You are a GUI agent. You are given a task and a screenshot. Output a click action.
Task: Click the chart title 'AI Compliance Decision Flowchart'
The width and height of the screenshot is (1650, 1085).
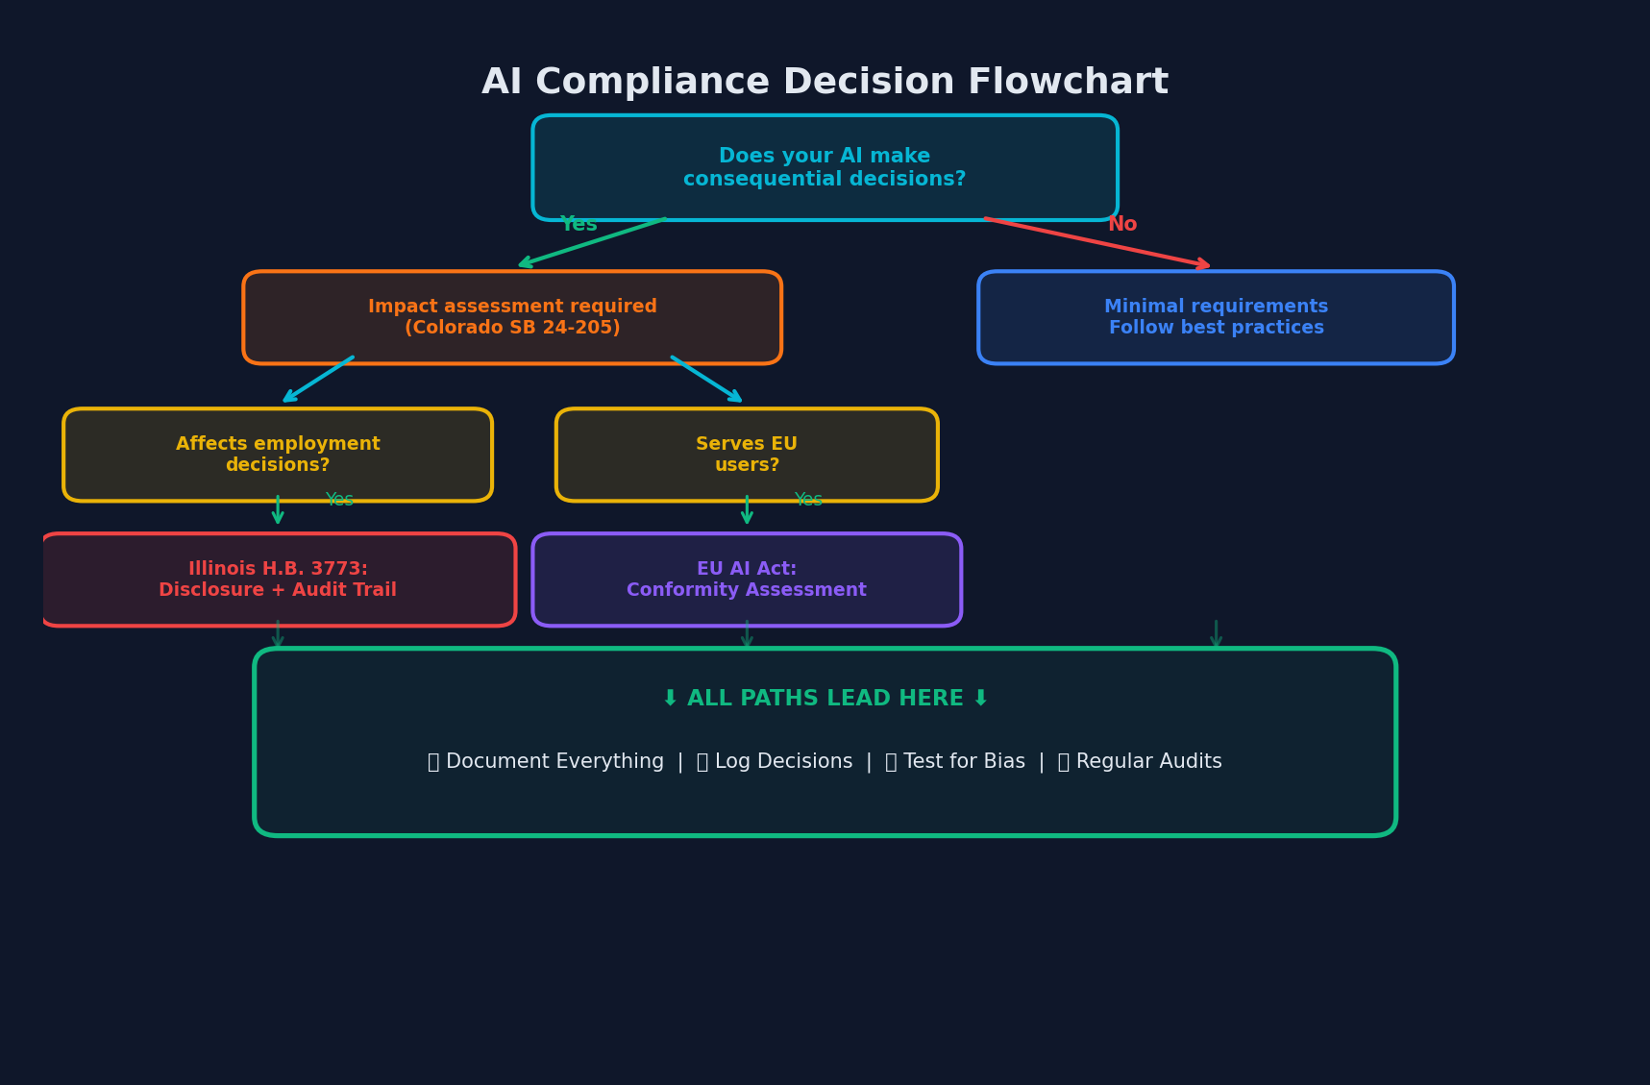click(825, 83)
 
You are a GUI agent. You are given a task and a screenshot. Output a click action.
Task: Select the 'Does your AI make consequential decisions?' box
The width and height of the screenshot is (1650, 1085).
click(825, 168)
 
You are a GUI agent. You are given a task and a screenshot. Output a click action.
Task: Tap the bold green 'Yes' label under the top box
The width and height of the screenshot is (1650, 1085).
click(579, 225)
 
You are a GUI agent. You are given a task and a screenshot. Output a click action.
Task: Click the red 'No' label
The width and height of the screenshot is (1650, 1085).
click(1121, 225)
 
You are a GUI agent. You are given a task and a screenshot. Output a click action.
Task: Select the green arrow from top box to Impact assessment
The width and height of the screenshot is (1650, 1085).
click(592, 242)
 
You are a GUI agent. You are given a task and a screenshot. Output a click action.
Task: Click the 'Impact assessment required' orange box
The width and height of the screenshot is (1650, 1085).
click(512, 317)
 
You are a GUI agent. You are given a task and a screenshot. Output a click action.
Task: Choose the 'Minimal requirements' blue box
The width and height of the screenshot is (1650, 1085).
click(1216, 317)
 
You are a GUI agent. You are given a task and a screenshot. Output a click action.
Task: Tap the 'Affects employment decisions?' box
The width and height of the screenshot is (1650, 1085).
click(278, 455)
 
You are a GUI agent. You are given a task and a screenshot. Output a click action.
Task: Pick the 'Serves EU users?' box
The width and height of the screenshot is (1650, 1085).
click(747, 455)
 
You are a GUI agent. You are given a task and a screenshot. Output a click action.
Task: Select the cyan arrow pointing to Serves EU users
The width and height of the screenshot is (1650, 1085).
click(706, 379)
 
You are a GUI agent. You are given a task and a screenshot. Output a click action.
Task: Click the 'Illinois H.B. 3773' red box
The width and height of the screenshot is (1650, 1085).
click(278, 579)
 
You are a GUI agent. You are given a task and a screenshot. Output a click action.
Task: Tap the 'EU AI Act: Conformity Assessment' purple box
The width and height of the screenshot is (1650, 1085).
click(747, 579)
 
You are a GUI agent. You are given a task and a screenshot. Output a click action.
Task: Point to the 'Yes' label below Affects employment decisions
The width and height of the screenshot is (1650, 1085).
click(339, 500)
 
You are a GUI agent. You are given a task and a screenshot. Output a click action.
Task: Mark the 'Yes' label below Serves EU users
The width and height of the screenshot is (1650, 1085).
click(808, 500)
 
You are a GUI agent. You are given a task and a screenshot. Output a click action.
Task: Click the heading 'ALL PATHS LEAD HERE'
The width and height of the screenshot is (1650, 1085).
click(825, 699)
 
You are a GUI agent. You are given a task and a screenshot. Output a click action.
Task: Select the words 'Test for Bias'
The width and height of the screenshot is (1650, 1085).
click(964, 762)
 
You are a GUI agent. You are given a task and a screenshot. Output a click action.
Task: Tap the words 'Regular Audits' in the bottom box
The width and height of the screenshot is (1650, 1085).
click(1148, 762)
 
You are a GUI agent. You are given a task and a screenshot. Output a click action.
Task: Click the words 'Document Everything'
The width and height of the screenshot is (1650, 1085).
click(554, 762)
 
